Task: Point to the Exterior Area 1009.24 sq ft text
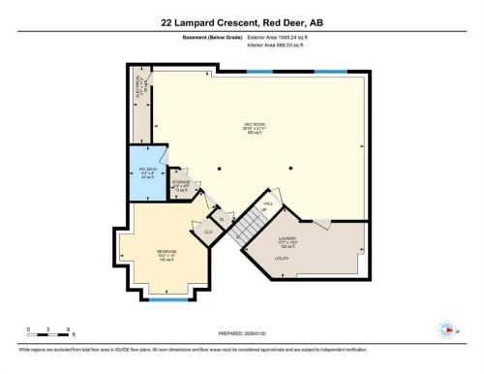[x=284, y=38]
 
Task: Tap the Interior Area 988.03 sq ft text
[x=283, y=46]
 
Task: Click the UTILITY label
[x=282, y=260]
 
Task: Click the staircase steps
[x=253, y=225]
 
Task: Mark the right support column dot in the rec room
[x=287, y=169]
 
